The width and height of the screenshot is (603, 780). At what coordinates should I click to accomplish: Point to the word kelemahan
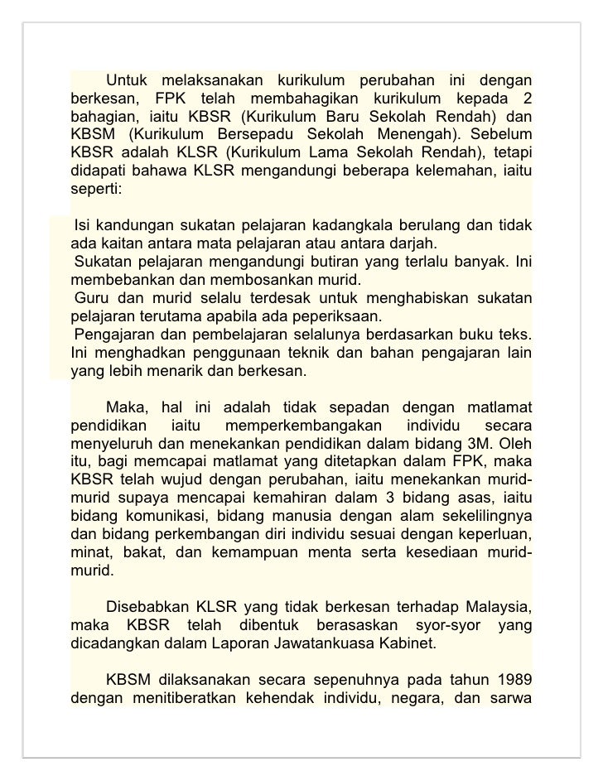pos(456,171)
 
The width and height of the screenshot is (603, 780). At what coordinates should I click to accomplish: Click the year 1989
pos(512,681)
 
